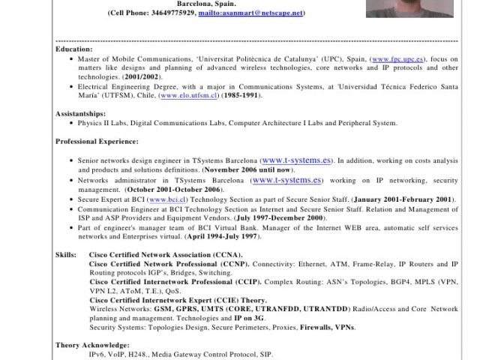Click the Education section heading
[74, 49]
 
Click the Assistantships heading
[80, 114]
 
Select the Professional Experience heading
[97, 141]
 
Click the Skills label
[65, 256]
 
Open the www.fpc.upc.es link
[399, 58]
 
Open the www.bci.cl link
[167, 199]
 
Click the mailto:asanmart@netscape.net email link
[250, 13]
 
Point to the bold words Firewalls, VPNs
[328, 328]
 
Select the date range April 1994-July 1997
[223, 236]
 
